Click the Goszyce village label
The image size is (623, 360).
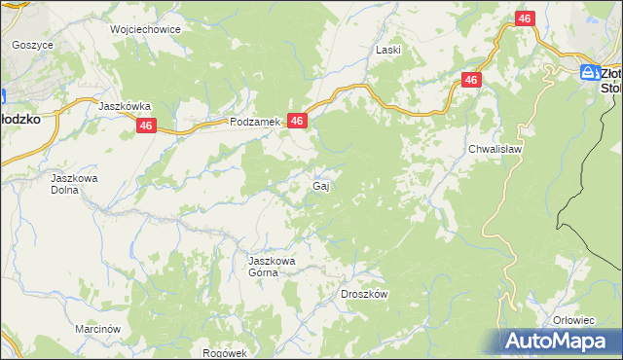click(32, 45)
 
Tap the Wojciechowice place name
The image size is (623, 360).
click(146, 29)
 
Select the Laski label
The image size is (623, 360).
click(388, 49)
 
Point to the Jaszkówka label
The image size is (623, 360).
click(125, 106)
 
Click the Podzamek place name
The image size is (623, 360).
click(255, 123)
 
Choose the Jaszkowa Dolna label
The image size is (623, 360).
click(76, 185)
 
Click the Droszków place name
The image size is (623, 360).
click(365, 294)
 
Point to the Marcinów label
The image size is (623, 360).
click(96, 330)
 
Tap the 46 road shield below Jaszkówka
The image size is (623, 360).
click(147, 126)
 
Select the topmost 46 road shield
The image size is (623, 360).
click(525, 19)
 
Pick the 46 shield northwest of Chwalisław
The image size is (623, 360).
click(471, 80)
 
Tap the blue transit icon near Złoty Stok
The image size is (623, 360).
click(589, 72)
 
